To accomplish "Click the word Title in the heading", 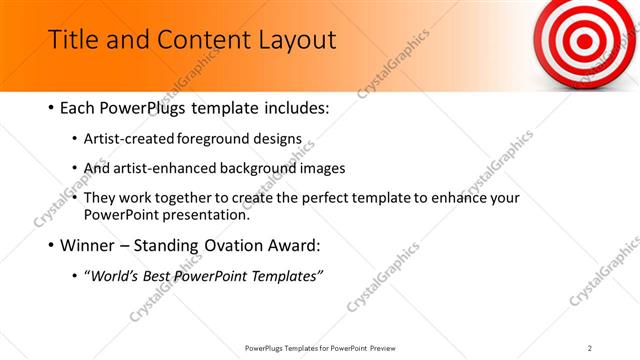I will click(71, 40).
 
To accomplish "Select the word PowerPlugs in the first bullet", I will click(154, 107).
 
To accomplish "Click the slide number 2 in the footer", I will click(590, 348).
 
